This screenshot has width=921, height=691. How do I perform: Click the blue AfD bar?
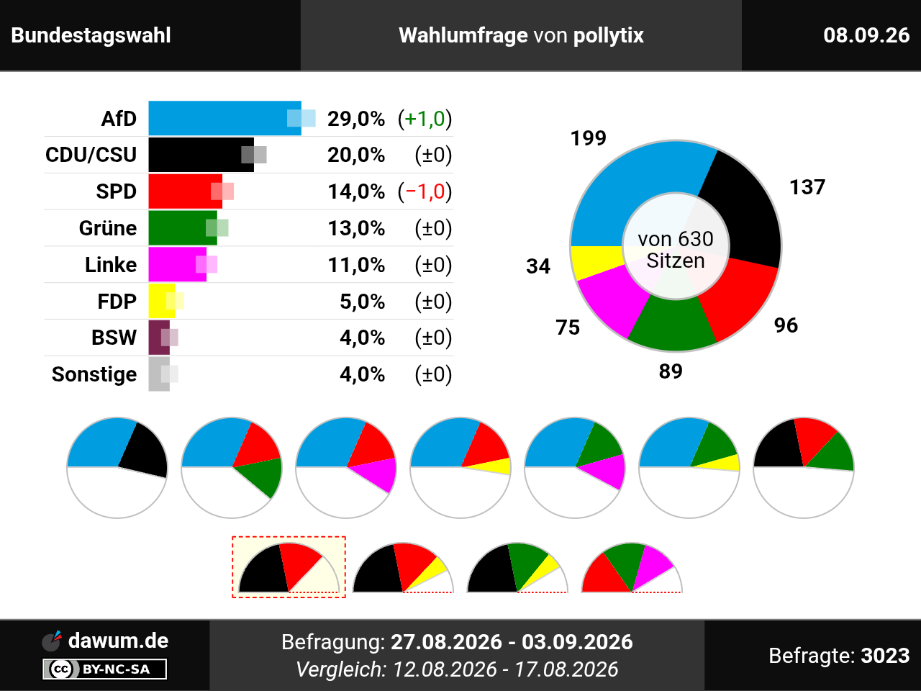[x=225, y=118]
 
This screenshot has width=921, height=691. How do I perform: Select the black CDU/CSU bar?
[x=201, y=155]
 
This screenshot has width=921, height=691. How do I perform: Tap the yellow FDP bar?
[x=162, y=302]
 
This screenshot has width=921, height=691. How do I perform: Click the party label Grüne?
[x=108, y=228]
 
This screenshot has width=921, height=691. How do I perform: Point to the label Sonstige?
[x=94, y=374]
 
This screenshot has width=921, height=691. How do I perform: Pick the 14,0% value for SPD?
[x=356, y=191]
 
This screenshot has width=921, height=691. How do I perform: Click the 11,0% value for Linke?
[x=356, y=265]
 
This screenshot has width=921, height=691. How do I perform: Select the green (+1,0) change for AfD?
[x=425, y=119]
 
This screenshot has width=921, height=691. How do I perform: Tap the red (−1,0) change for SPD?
[x=425, y=191]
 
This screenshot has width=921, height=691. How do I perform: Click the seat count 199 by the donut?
[x=589, y=138]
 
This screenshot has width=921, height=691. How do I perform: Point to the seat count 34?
[x=538, y=266]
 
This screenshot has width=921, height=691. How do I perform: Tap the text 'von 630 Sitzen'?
[x=676, y=250]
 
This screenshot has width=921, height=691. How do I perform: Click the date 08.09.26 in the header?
[x=866, y=35]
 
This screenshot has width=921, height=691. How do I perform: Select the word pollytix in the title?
[x=609, y=36]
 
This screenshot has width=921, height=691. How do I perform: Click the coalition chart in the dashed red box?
[x=289, y=566]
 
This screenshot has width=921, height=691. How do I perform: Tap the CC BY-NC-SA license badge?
[x=104, y=669]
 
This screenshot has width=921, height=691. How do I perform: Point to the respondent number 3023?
[x=885, y=655]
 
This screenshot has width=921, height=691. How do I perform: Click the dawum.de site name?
[x=118, y=641]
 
